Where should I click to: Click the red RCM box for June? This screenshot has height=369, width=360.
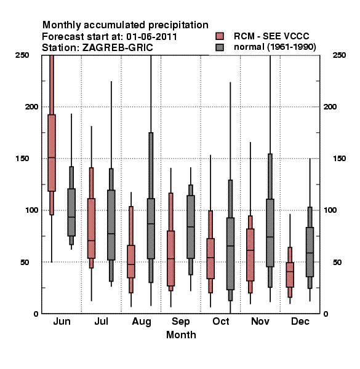(x=52, y=153)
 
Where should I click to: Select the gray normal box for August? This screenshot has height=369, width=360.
(x=151, y=229)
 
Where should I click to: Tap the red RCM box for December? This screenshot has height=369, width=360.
(x=290, y=275)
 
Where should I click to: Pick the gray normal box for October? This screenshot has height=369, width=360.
(x=230, y=253)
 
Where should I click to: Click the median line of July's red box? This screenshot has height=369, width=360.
(x=91, y=240)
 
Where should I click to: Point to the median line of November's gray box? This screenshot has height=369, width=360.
(x=270, y=237)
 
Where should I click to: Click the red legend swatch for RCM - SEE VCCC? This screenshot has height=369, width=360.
(x=220, y=36)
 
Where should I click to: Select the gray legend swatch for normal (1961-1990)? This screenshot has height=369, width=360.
(x=220, y=47)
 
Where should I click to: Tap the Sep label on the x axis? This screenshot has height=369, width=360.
(x=180, y=322)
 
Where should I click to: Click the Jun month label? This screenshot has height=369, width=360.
(x=62, y=322)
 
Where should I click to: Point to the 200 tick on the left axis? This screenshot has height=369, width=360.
(x=31, y=107)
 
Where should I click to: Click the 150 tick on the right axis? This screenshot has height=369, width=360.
(x=339, y=159)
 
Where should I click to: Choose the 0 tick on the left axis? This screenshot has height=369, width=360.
(x=36, y=314)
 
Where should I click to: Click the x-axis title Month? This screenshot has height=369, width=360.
(x=181, y=335)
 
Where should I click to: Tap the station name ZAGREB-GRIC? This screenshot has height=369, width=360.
(x=118, y=48)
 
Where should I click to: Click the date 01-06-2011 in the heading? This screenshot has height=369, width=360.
(x=151, y=37)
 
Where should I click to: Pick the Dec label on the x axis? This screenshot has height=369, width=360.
(x=300, y=322)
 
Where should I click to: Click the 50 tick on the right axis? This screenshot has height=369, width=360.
(x=337, y=262)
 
